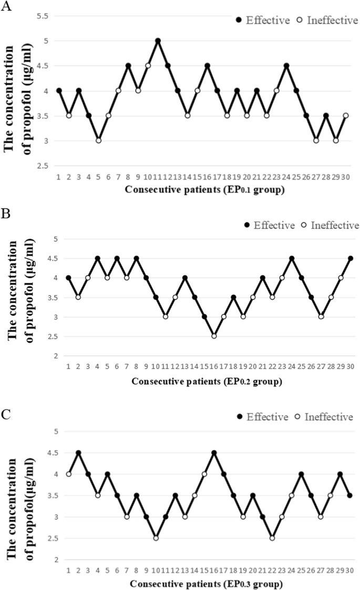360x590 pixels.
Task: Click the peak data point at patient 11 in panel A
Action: click(x=158, y=41)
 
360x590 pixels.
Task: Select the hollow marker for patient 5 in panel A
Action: click(x=98, y=140)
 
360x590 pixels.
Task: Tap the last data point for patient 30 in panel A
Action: click(x=345, y=116)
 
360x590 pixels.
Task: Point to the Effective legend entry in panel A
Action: click(x=263, y=20)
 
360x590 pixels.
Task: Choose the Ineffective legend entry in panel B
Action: click(x=329, y=226)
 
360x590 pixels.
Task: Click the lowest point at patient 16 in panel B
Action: click(x=214, y=336)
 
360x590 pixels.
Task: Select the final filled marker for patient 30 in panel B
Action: click(x=351, y=258)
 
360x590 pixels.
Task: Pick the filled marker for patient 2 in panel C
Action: click(x=78, y=453)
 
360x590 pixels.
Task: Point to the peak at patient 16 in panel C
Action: click(x=214, y=453)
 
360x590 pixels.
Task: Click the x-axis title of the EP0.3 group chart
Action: click(x=207, y=584)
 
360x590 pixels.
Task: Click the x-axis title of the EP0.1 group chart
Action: click(x=205, y=190)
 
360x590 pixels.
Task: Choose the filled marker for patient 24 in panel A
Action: click(x=286, y=66)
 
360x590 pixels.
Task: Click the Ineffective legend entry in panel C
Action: click(x=322, y=417)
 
